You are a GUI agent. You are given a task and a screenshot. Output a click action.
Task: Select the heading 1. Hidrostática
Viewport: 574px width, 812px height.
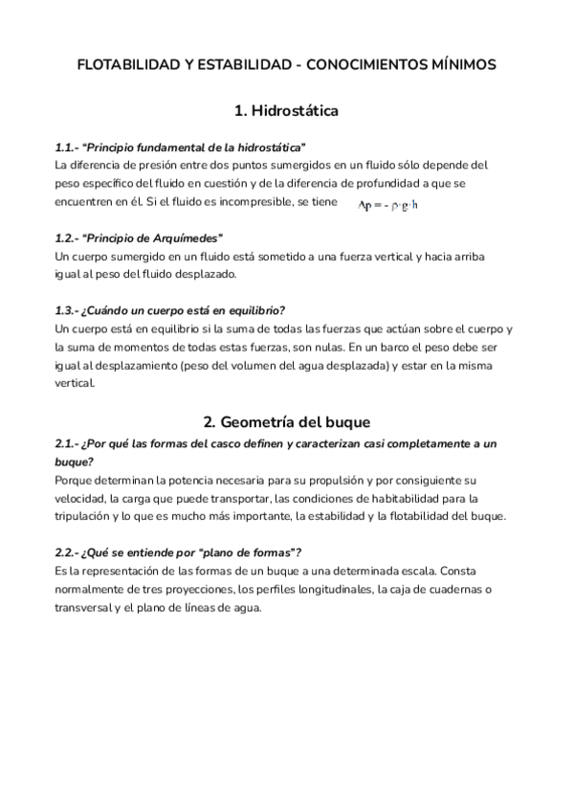286,111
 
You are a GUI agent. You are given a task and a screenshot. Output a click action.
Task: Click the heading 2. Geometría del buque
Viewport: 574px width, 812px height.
286,421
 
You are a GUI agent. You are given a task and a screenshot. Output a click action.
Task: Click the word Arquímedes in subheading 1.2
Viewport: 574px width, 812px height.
191,237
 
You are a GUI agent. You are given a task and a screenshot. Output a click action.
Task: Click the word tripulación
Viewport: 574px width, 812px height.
87,516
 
